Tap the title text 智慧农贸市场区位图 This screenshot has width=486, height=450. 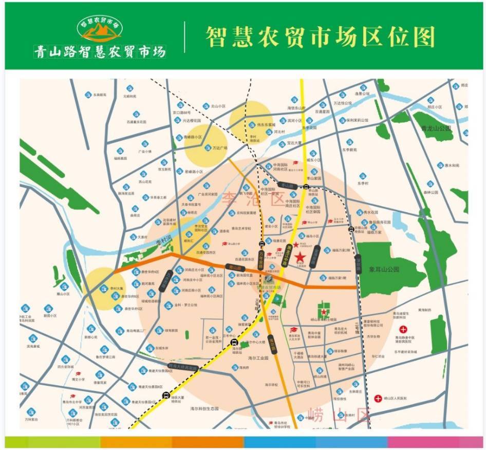click(x=320, y=37)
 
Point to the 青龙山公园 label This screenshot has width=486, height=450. click(x=435, y=128)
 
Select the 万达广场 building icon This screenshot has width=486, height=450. click(x=209, y=147)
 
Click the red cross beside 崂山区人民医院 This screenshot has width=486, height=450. click(x=378, y=398)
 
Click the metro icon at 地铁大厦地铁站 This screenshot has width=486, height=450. click(x=165, y=395)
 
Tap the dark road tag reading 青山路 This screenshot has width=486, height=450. click(x=235, y=268)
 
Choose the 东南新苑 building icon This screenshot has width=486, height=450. click(x=88, y=95)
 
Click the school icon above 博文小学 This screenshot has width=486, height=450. click(x=78, y=374)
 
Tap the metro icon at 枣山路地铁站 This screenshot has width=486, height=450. click(x=306, y=186)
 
